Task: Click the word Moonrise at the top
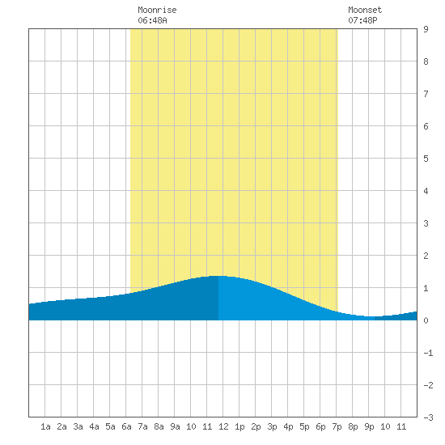[x=157, y=10]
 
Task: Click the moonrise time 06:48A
[x=152, y=20]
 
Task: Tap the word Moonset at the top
[x=365, y=10]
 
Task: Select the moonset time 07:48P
[x=362, y=20]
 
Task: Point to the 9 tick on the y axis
[x=426, y=29]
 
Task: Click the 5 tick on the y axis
[x=426, y=159]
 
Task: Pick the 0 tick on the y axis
[x=426, y=320]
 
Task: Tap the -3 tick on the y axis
[x=429, y=417]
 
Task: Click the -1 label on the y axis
[x=429, y=353]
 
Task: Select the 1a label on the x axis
[x=45, y=426]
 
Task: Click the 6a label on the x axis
[x=126, y=426]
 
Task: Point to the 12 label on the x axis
[x=223, y=426]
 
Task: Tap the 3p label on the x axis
[x=272, y=426]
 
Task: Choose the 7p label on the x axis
[x=337, y=426]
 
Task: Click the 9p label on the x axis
[x=369, y=426]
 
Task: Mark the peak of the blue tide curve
[x=218, y=276]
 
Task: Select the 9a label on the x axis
[x=175, y=426]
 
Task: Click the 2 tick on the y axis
[x=426, y=256]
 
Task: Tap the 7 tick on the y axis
[x=426, y=94]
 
